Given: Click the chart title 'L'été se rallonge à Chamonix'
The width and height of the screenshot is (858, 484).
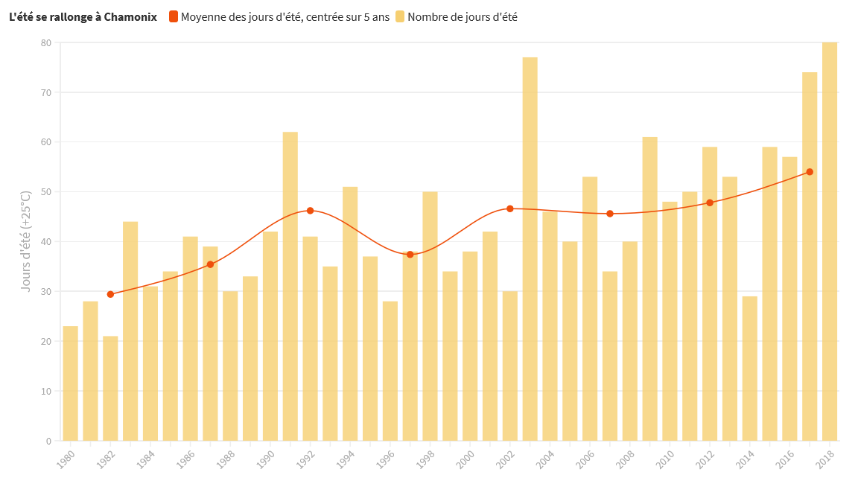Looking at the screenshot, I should click(83, 16).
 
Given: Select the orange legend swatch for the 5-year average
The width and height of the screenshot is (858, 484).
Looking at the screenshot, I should click(173, 16).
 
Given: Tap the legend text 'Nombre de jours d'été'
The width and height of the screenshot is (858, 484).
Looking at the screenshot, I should click(463, 16).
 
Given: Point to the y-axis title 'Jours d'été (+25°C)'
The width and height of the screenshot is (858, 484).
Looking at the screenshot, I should click(26, 241).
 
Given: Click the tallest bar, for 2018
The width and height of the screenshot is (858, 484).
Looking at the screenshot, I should click(829, 241).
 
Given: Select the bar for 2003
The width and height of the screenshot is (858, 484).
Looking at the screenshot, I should click(530, 249).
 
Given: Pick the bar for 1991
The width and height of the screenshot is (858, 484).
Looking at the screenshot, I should click(290, 286).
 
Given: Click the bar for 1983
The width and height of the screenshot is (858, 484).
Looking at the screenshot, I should click(130, 331).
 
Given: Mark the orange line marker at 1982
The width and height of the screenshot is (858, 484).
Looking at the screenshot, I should click(110, 294).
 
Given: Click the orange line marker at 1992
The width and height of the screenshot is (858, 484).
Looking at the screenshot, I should click(310, 211).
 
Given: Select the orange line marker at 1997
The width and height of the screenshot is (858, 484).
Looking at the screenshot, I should click(410, 255).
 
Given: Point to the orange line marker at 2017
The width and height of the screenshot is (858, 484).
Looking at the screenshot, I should click(810, 172).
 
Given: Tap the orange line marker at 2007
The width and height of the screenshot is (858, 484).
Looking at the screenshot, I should click(610, 214).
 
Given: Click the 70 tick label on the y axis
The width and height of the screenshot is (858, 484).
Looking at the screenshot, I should click(45, 92).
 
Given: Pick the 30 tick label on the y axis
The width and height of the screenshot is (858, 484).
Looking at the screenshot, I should click(45, 291).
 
